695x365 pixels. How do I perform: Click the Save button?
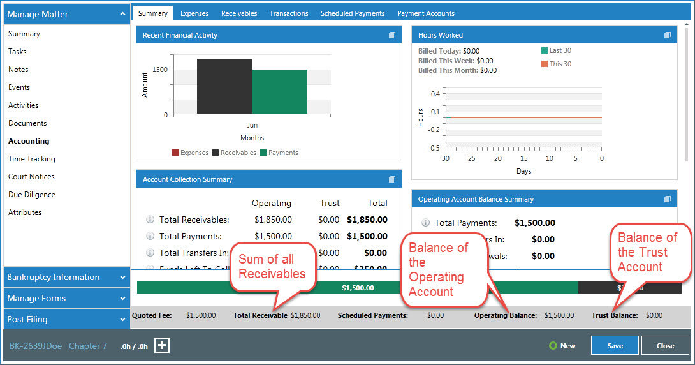click(x=615, y=346)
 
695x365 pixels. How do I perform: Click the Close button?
click(x=665, y=346)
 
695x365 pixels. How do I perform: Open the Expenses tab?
click(x=194, y=13)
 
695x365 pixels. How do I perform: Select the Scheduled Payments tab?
click(x=353, y=13)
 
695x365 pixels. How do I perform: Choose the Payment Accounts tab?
click(x=426, y=13)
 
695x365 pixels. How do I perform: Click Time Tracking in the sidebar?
click(x=32, y=159)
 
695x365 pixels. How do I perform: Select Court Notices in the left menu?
click(x=31, y=177)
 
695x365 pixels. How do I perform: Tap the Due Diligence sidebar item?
click(x=32, y=195)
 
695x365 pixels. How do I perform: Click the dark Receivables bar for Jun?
click(x=224, y=87)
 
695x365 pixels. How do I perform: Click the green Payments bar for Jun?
click(x=280, y=92)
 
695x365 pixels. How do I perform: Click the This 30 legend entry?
click(x=556, y=64)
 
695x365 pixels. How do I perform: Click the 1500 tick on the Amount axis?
click(x=160, y=70)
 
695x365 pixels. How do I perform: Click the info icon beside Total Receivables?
click(x=150, y=220)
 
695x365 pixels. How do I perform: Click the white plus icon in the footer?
click(x=162, y=345)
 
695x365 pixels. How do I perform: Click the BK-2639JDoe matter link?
click(x=36, y=346)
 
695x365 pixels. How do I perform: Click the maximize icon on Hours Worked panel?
click(x=667, y=35)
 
